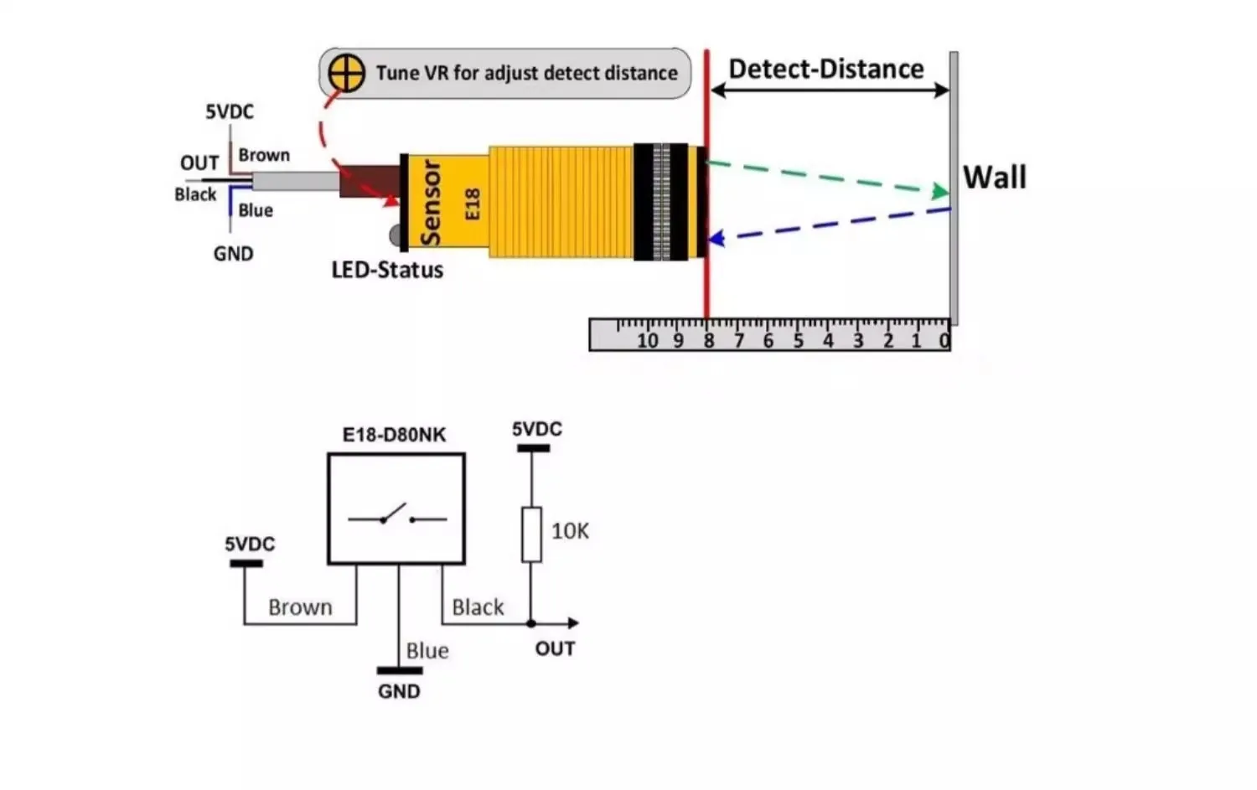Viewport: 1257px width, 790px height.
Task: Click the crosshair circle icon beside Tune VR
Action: (346, 73)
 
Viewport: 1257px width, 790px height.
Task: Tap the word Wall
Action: (994, 178)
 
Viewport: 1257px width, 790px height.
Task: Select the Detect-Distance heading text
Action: (825, 69)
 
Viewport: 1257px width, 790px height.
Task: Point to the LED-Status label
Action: (387, 270)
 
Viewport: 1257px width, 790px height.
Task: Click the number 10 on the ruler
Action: (647, 340)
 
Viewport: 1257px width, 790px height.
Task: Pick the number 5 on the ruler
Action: (798, 340)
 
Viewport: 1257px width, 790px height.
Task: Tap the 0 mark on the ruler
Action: (944, 340)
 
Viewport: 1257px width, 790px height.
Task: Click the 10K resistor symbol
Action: (531, 534)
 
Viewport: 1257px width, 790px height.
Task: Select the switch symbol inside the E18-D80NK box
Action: (396, 515)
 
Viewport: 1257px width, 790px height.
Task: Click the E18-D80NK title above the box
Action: (394, 435)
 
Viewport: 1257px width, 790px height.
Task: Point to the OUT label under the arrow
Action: (555, 648)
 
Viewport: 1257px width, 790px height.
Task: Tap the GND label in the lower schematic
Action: (399, 691)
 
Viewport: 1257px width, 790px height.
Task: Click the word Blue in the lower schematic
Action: (427, 651)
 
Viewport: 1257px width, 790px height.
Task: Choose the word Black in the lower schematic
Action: (478, 607)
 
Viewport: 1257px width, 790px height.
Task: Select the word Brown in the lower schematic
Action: (300, 607)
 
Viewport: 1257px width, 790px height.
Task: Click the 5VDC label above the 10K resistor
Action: (536, 429)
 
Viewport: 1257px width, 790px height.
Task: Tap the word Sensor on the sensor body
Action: (431, 204)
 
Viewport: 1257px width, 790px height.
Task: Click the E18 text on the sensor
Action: (473, 204)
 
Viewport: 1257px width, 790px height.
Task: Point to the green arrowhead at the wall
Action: (941, 192)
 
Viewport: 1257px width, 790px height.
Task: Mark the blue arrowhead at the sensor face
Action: (716, 240)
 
